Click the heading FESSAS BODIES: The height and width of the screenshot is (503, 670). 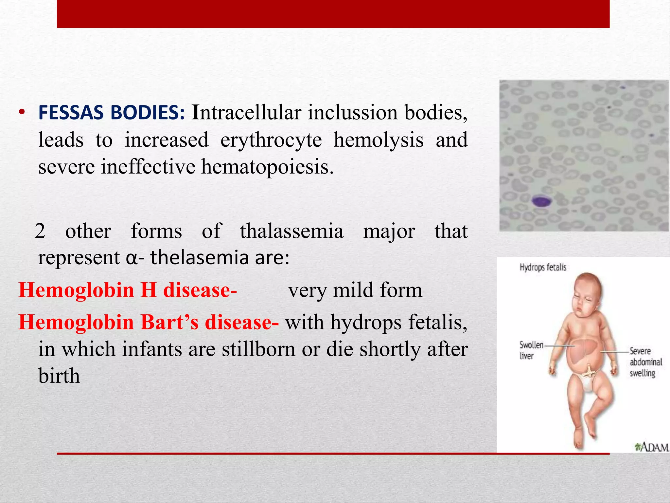coord(112,113)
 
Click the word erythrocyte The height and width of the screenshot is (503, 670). coord(271,140)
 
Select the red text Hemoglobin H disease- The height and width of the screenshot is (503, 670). coord(128,290)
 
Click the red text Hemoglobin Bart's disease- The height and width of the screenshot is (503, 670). coord(149,322)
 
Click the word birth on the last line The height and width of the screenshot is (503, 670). coord(59,376)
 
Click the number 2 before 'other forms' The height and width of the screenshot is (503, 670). coord(40,231)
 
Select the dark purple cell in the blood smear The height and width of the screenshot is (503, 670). coord(542,201)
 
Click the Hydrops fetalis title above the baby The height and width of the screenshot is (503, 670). coord(543,268)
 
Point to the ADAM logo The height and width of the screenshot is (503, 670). coord(651,447)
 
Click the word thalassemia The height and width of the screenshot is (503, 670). coord(291,231)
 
